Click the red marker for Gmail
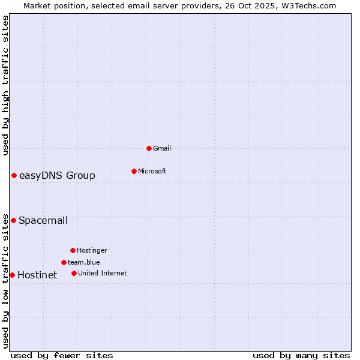[149, 148]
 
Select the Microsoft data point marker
[134, 171]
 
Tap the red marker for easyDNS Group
[14, 175]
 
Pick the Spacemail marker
[13, 220]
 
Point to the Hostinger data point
[73, 250]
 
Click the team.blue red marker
[64, 262]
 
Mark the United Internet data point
[74, 273]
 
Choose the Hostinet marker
[12, 275]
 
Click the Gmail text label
[162, 148]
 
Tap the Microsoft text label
[152, 171]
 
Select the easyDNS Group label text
[57, 175]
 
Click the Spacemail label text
[43, 220]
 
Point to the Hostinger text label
[92, 250]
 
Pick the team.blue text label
[84, 262]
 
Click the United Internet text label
[103, 273]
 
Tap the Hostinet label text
[37, 275]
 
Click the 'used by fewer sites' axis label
[62, 355]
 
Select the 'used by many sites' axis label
[301, 355]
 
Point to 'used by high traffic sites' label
[5, 85]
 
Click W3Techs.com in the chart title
[308, 5]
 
